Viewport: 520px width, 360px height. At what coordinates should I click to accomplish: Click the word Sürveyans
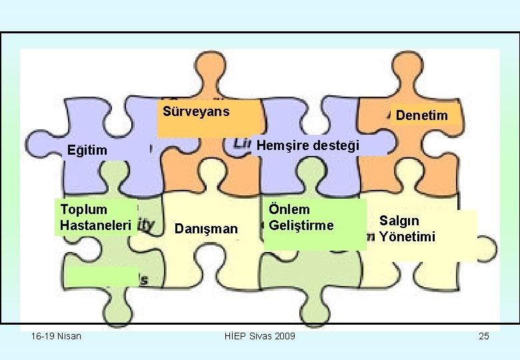(x=196, y=111)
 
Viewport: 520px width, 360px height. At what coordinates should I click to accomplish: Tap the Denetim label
(x=421, y=116)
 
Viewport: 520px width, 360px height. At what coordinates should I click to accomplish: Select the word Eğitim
(x=87, y=151)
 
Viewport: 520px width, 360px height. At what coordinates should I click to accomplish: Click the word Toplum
(x=83, y=209)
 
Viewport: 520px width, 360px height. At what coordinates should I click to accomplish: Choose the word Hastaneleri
(x=95, y=225)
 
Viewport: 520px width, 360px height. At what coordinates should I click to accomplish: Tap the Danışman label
(x=205, y=229)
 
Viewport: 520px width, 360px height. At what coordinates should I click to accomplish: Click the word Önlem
(x=289, y=209)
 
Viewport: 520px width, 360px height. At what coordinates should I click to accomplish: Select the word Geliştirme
(x=301, y=225)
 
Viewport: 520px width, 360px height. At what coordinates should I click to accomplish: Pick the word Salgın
(x=399, y=221)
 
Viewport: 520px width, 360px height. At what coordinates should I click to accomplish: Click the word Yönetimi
(x=407, y=237)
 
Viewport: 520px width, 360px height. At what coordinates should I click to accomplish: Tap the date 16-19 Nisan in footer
(x=56, y=335)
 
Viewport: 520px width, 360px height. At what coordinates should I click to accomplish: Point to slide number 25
(x=483, y=335)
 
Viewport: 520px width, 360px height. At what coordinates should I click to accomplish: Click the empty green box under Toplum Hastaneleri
(x=101, y=276)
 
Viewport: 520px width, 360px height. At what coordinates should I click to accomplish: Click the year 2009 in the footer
(x=283, y=335)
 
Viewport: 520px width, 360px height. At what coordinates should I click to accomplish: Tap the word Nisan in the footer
(x=69, y=335)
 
